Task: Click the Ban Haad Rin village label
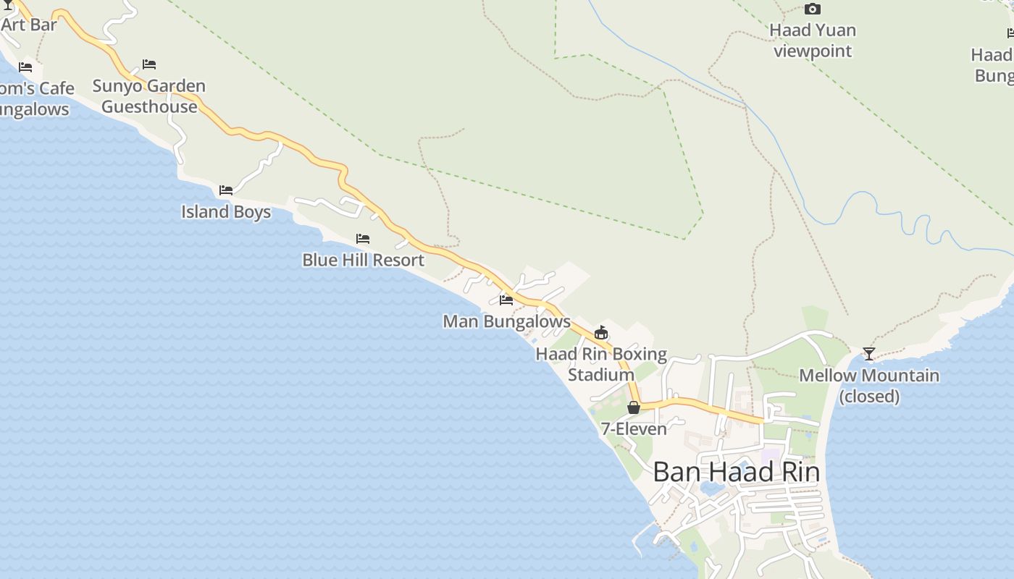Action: [x=736, y=472]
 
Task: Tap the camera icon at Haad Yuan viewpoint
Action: [x=813, y=9]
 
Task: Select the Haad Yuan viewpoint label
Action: [x=813, y=41]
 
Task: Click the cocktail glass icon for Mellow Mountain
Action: [x=869, y=354]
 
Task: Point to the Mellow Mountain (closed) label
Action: [x=869, y=386]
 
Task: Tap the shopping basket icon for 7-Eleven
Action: [x=634, y=407]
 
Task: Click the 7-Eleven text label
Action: [x=634, y=429]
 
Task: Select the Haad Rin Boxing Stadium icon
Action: [x=600, y=333]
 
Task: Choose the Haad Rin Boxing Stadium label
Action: [x=601, y=364]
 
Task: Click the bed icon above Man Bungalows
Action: [x=506, y=300]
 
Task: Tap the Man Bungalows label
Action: [x=506, y=321]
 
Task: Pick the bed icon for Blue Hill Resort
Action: [x=363, y=238]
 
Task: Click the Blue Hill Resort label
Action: [x=363, y=260]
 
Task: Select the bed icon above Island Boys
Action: [x=226, y=190]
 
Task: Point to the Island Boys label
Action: [x=226, y=212]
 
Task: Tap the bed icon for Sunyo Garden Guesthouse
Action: [x=149, y=64]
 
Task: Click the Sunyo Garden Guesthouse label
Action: [x=149, y=96]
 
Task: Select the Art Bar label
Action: [x=29, y=25]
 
